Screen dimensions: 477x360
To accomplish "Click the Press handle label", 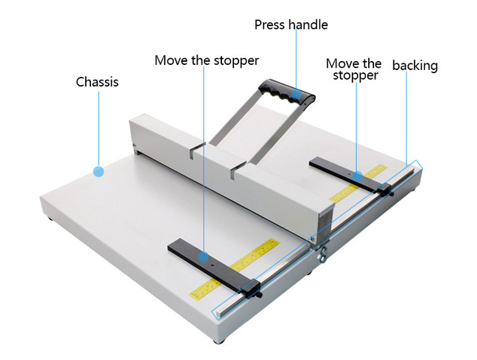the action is coord(291,25).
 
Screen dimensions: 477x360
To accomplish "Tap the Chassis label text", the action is coord(97,81).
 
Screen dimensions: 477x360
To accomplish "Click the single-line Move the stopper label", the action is coord(206,60).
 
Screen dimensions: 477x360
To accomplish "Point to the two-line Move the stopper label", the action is coord(354,69).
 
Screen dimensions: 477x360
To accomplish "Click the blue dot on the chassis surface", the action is coord(98,171).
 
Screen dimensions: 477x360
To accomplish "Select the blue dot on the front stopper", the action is coord(203,256).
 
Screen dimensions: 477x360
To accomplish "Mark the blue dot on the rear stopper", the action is coord(358,177).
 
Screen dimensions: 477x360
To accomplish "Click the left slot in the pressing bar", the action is coord(192,152).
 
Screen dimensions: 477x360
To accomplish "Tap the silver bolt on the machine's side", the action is coord(321,259).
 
